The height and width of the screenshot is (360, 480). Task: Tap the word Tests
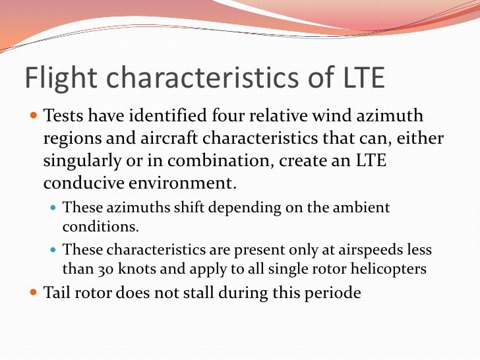pos(64,117)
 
